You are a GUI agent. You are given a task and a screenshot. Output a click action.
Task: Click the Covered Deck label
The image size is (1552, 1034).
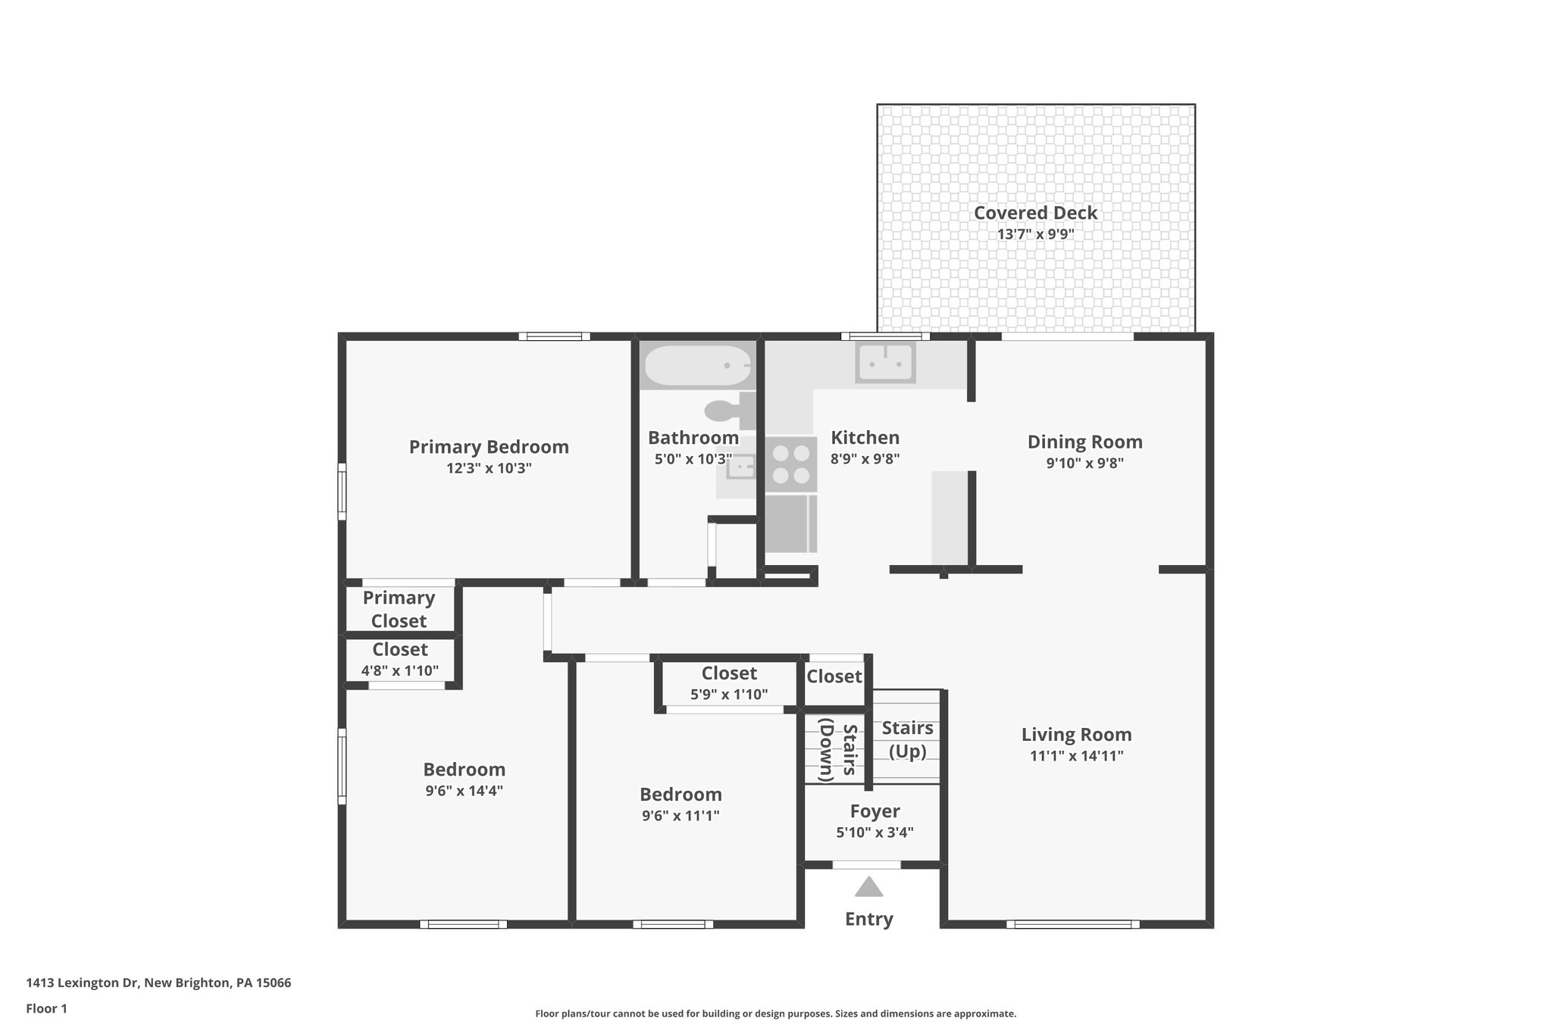(x=1035, y=213)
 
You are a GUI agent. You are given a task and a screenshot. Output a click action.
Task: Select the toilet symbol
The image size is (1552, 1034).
(x=729, y=411)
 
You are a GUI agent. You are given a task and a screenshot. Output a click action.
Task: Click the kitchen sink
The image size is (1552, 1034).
(x=885, y=363)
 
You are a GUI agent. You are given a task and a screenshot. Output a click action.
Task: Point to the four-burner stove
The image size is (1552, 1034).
(x=790, y=464)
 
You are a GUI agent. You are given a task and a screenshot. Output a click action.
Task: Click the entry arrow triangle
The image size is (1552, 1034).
(x=868, y=887)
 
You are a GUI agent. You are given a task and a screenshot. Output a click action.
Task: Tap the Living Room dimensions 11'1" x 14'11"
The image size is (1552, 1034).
(x=1076, y=755)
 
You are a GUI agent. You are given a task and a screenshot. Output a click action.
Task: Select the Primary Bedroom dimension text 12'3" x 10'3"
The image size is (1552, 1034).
(x=489, y=468)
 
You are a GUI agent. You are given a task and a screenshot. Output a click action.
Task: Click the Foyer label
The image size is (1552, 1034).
(x=875, y=811)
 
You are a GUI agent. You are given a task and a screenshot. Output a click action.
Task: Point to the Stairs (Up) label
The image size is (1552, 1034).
(x=907, y=739)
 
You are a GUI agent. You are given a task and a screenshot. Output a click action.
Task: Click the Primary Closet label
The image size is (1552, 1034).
(x=399, y=609)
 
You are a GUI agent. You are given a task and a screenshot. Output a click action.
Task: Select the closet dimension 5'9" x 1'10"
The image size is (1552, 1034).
(x=729, y=694)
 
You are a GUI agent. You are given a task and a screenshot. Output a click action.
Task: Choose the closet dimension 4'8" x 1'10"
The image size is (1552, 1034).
(x=399, y=670)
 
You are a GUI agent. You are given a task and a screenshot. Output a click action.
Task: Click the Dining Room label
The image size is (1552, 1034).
(x=1084, y=442)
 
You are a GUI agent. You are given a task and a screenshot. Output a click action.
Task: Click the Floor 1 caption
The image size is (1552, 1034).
(x=46, y=1008)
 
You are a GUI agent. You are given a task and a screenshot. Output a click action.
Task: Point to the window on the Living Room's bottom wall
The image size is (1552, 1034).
(x=1072, y=924)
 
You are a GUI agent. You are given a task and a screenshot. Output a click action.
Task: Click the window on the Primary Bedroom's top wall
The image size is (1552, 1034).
(x=554, y=336)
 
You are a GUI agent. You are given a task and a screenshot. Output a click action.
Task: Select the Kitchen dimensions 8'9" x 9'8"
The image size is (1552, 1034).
(x=865, y=458)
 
